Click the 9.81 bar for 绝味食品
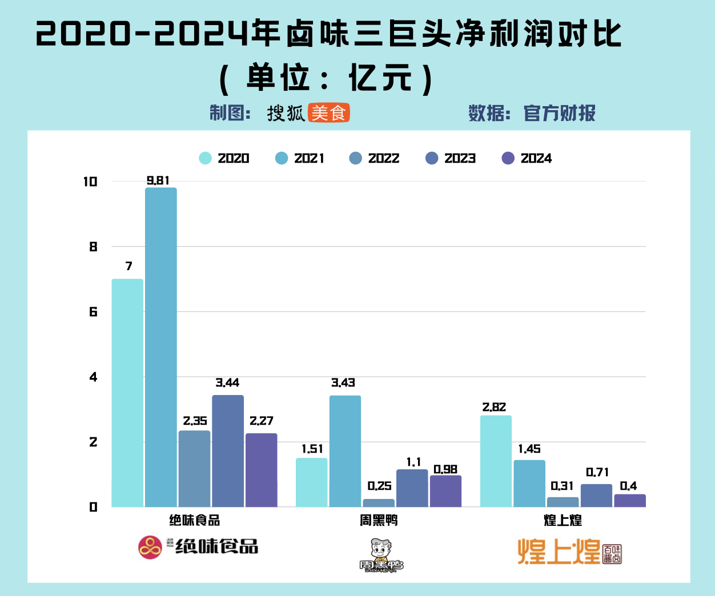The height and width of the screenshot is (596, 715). coord(160,347)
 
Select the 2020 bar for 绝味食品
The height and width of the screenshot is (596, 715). coord(127,393)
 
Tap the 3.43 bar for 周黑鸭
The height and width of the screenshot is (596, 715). coord(345,451)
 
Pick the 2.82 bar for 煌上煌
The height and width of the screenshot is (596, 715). coord(496,461)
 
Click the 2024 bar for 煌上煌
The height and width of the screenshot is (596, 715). coord(630,501)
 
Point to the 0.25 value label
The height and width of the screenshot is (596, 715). coord(379,486)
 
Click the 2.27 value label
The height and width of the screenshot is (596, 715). coord(262,421)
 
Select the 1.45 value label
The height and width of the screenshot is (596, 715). coord(529,449)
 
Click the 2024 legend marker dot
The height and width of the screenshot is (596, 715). coord(508,158)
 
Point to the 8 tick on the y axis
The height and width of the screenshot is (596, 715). coord(93,247)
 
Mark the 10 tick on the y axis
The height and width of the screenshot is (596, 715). coord(90,182)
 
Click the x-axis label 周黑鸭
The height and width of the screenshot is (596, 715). coord(379,521)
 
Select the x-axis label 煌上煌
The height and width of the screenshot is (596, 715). coord(563,521)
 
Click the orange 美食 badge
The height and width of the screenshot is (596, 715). coord(328,113)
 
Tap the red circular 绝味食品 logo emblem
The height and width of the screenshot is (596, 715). coord(150,547)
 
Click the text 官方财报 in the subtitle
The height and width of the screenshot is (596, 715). coord(560,113)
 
